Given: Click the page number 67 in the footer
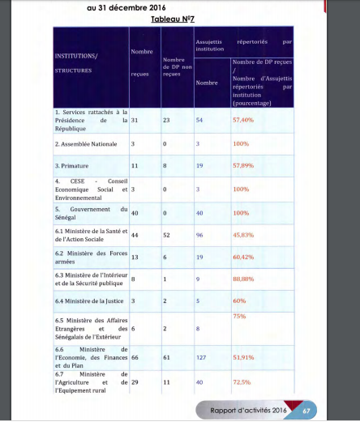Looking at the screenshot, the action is (x=306, y=411).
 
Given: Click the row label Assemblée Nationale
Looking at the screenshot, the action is (x=85, y=143).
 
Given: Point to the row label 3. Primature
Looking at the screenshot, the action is (x=73, y=165).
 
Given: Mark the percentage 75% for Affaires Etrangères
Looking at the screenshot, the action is (x=239, y=316).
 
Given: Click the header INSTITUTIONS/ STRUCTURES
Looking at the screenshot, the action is (x=75, y=63).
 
